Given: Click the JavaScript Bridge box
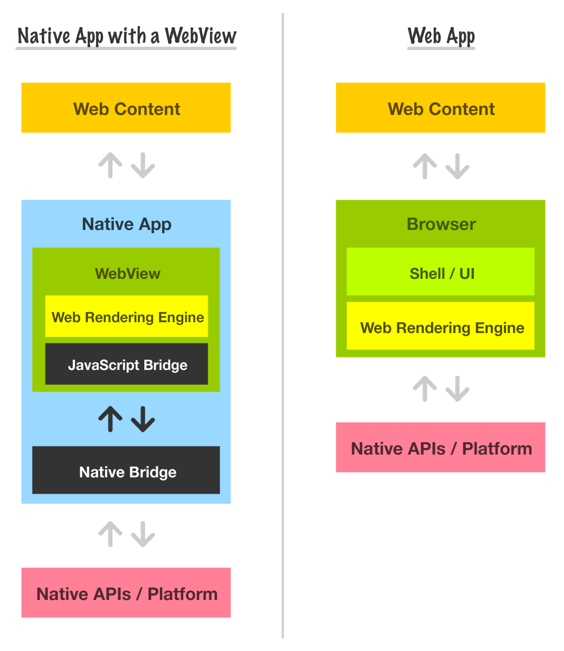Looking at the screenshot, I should tap(126, 364).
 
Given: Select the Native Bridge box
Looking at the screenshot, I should tap(126, 470).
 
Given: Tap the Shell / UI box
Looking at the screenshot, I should tap(441, 272).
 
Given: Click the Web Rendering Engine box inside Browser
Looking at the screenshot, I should tap(441, 327).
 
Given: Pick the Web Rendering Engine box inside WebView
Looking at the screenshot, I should tap(126, 316).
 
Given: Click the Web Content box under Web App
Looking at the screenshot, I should tap(440, 108).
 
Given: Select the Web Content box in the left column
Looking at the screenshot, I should tap(126, 108).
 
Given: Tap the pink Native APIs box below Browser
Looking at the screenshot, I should tap(440, 448).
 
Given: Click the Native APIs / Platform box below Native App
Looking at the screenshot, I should tap(126, 593).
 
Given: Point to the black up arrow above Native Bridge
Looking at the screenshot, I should tap(111, 419).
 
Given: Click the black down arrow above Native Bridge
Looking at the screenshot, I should tap(143, 419).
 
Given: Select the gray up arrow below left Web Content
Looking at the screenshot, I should tap(111, 165).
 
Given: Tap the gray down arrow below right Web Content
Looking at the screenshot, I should tap(457, 166).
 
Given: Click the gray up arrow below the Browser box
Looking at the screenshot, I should tap(425, 388).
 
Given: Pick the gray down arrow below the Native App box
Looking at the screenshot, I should tap(143, 534).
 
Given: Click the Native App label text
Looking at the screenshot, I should tap(126, 224).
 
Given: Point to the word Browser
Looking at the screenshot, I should tap(441, 224).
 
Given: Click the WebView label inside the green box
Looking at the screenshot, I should tap(127, 273).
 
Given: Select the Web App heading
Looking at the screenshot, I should tap(441, 36).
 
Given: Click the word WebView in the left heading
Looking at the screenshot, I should tap(201, 36).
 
